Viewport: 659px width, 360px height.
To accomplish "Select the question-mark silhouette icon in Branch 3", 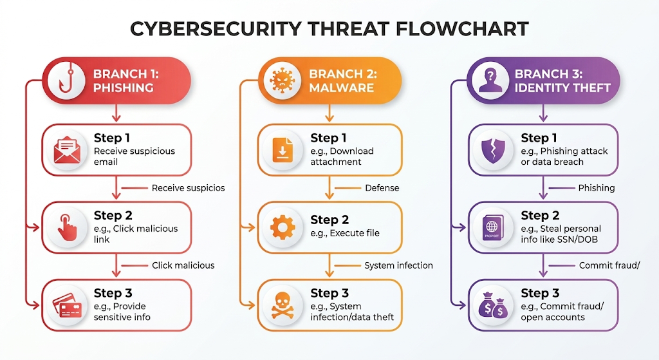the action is [x=490, y=81].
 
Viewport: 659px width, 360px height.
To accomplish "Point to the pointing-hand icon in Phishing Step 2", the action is [x=66, y=227].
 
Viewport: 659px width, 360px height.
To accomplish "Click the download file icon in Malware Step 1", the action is [x=283, y=149].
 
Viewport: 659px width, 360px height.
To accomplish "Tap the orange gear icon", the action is [x=283, y=227].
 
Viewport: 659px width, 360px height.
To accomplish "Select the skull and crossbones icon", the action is [x=283, y=305].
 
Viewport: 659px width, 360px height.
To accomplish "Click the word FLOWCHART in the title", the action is [x=462, y=29].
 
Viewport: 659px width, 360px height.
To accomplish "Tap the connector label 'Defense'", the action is [x=382, y=188].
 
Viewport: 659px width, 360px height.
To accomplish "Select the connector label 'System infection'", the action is [x=398, y=265].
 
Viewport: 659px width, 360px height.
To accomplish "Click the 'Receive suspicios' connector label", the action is [x=189, y=188].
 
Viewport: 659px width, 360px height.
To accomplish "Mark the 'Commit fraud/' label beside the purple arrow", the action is [x=609, y=265].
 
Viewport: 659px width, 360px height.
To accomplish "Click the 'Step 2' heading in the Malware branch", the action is [x=329, y=220].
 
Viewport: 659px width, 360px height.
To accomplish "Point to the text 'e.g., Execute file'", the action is [x=345, y=233].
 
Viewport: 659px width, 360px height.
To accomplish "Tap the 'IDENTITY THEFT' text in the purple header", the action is [x=562, y=88].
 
